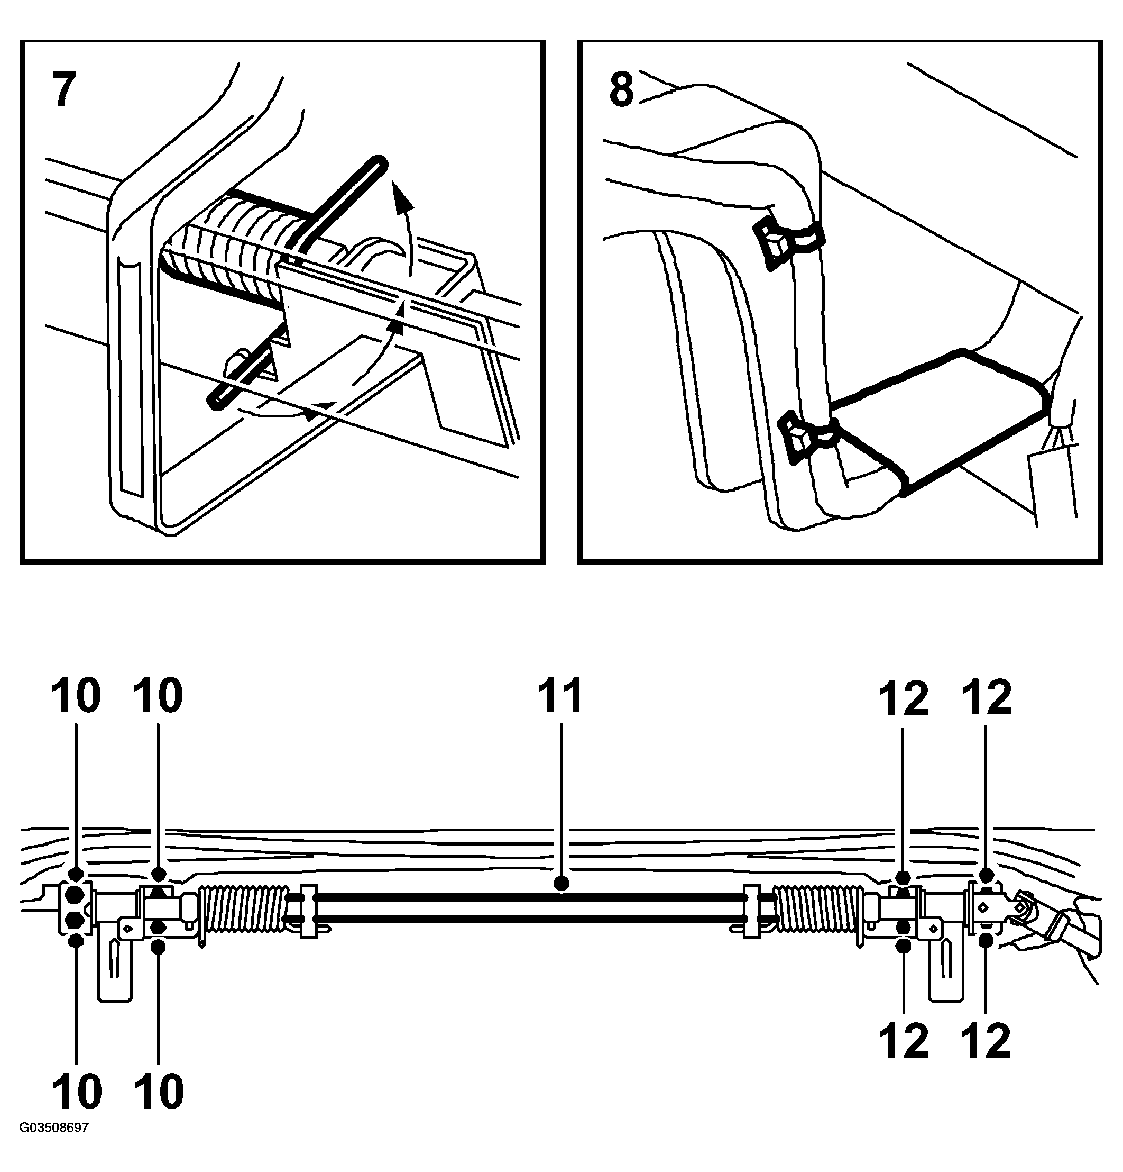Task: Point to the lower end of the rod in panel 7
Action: pos(215,401)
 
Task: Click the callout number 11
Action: pos(559,696)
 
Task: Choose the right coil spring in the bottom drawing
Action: pos(820,907)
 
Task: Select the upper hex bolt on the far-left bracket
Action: pos(75,895)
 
